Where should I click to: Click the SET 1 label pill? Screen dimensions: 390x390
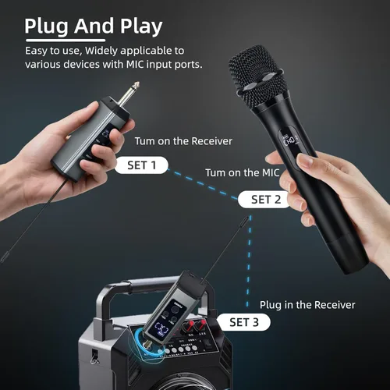tap(142, 165)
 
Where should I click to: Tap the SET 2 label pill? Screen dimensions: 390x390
tap(264, 200)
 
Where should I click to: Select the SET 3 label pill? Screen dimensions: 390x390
tap(243, 322)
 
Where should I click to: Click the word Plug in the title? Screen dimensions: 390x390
tap(47, 27)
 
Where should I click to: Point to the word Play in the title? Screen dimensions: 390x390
tap(141, 27)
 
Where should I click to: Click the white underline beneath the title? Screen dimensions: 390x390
tap(66, 41)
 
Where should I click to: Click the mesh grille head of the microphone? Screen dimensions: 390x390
tap(257, 76)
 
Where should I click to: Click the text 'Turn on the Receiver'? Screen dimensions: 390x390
tap(183, 141)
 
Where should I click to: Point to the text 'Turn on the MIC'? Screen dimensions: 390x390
tap(243, 172)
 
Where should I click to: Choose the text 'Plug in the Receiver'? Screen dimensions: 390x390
tap(307, 305)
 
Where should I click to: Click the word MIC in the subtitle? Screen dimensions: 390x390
tap(135, 64)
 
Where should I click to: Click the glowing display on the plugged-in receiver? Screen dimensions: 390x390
tap(161, 329)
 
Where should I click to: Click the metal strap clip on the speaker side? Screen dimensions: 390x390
tap(94, 356)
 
